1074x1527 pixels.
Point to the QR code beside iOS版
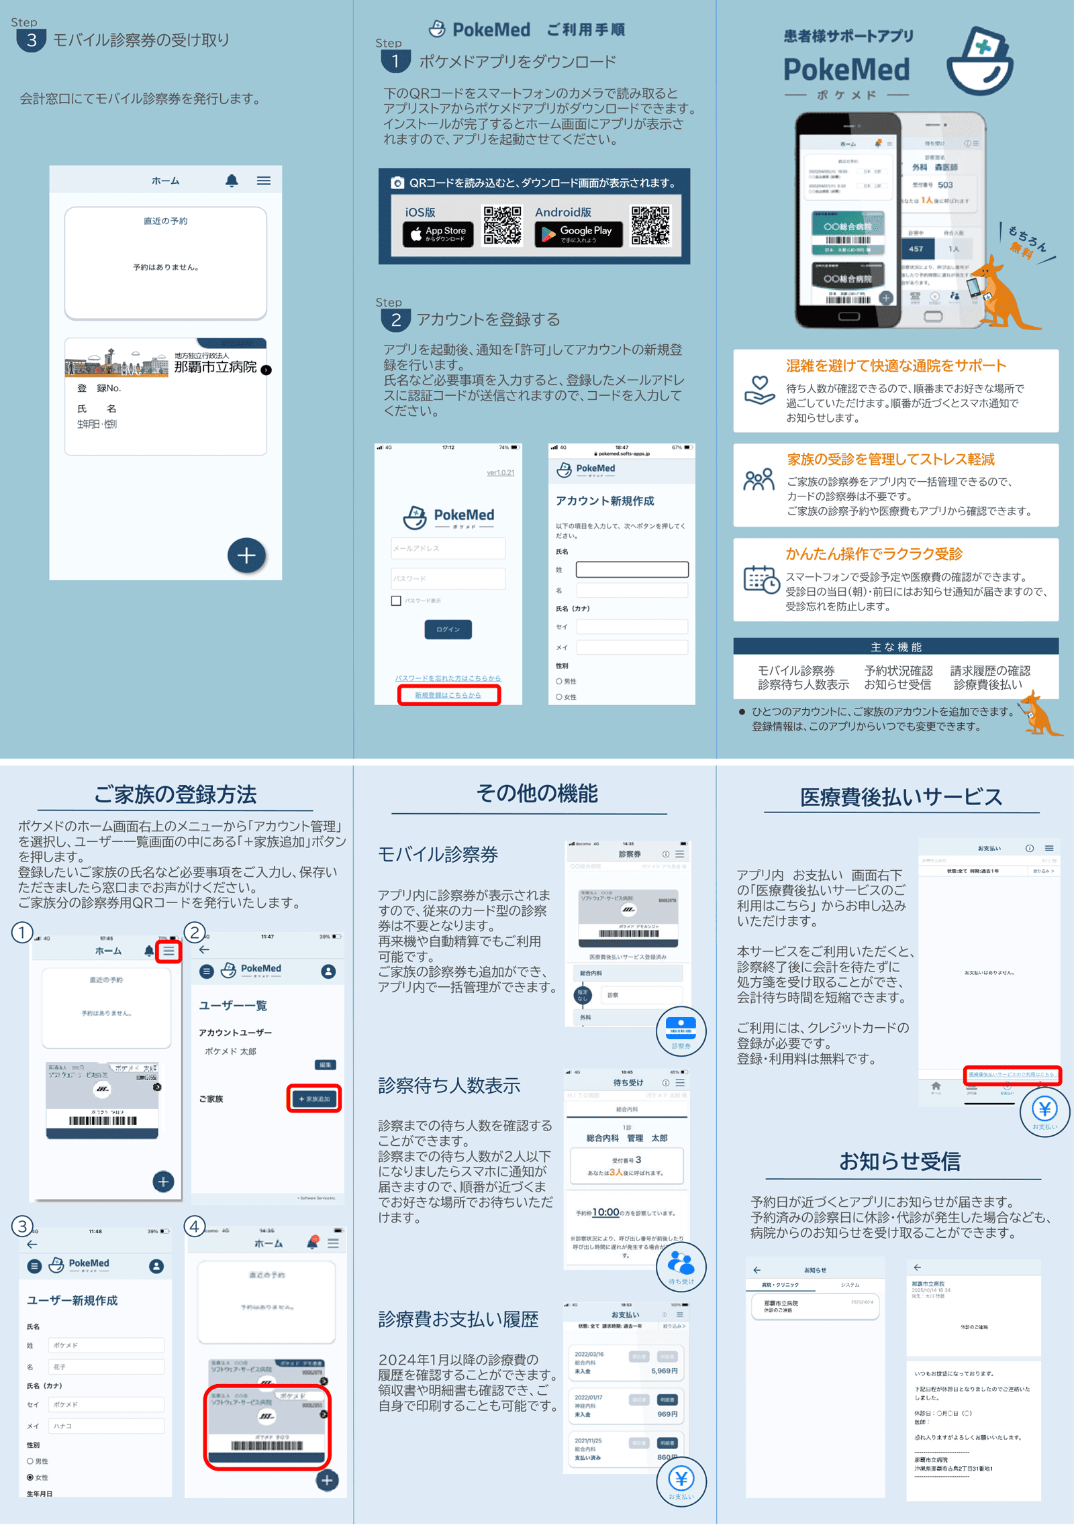502,225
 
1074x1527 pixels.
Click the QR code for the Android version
650,225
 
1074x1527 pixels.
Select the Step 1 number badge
395,62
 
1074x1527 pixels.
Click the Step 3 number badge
31,40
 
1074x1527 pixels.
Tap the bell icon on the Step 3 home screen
232,180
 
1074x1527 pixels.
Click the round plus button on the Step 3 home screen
246,556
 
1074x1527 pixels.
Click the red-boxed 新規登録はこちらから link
448,695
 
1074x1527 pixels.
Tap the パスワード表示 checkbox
396,600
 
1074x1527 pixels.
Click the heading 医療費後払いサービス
901,797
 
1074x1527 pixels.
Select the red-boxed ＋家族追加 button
314,1099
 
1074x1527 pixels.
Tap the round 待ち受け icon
681,1266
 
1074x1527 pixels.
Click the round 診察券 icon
681,1030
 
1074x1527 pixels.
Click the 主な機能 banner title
895,647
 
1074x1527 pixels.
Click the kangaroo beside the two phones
1003,295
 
